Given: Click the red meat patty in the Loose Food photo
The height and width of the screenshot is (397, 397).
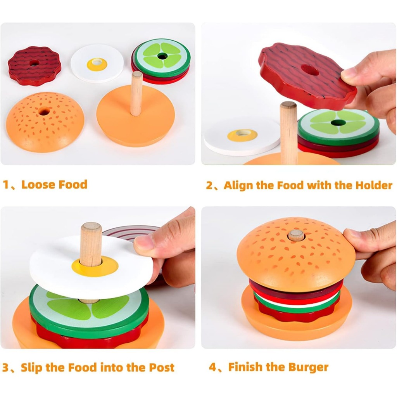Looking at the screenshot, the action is [x=35, y=65].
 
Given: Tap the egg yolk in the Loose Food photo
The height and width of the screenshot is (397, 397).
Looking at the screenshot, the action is [x=97, y=64].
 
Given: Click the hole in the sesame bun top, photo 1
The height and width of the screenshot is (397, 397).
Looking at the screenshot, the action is [x=44, y=111].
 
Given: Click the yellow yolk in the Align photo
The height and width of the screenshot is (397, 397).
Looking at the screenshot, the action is [x=242, y=135].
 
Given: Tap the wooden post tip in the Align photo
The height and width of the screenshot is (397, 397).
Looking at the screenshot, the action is [x=288, y=105].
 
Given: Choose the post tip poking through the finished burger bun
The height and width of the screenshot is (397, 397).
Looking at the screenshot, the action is [x=296, y=235].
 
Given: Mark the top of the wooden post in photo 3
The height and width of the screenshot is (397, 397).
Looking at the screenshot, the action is [x=91, y=226].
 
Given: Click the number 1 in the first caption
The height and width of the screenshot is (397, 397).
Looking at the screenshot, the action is [x=5, y=185].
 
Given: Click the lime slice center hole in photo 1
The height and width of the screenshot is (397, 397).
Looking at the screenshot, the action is [x=162, y=56].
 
